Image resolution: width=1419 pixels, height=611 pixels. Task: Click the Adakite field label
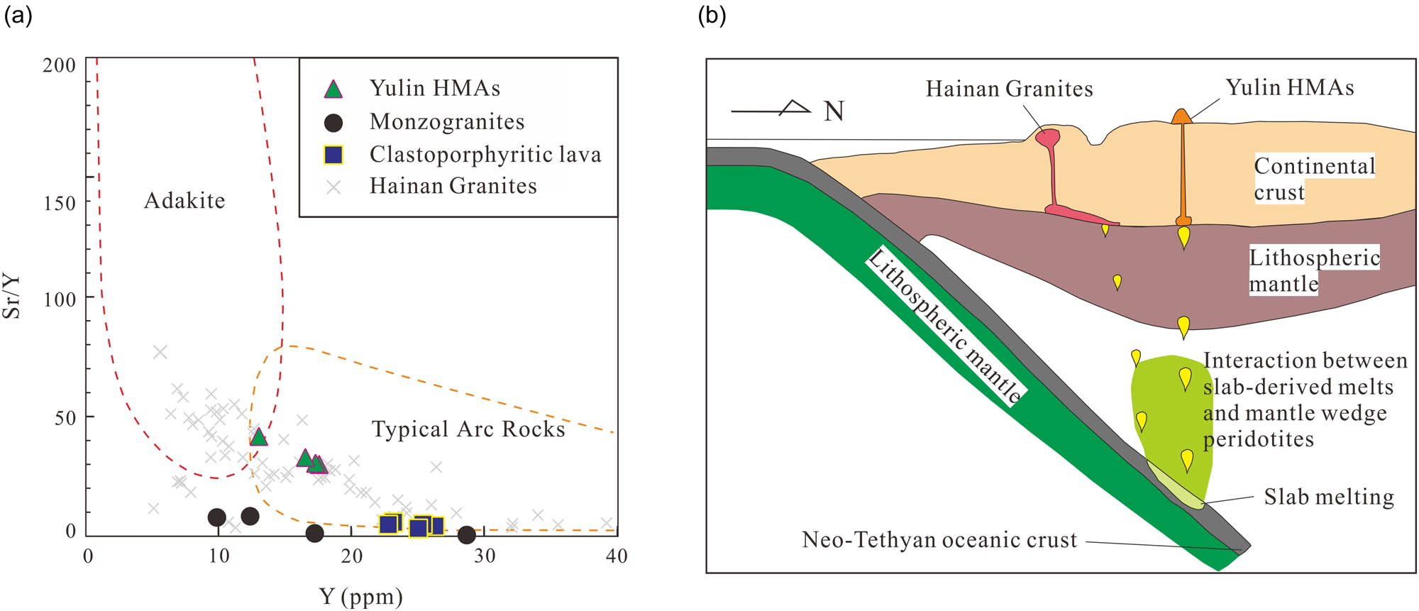click(184, 201)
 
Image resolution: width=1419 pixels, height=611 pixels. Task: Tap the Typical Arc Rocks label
click(468, 429)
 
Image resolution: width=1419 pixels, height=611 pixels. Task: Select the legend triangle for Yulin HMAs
click(333, 89)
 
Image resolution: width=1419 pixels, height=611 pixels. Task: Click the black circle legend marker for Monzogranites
click(333, 123)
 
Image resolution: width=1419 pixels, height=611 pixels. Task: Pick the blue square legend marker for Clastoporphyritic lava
click(333, 155)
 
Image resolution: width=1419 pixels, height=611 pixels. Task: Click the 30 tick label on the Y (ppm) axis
click(485, 556)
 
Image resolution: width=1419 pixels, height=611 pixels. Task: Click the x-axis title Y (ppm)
click(360, 597)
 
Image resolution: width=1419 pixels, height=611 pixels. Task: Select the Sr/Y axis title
click(12, 296)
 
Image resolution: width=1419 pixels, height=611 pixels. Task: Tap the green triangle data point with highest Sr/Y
click(259, 437)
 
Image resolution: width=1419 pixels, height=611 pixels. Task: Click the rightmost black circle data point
click(466, 534)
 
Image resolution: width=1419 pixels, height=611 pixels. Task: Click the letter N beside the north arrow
click(834, 111)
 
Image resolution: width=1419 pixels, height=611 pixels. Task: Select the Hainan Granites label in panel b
click(1009, 89)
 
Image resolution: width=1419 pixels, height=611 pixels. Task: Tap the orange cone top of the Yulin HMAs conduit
click(1181, 116)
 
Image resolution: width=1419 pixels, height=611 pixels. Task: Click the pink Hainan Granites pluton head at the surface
click(1048, 136)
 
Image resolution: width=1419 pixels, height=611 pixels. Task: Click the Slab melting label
click(1328, 497)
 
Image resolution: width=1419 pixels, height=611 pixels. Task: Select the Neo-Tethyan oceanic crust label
click(939, 540)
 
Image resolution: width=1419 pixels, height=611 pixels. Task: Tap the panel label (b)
click(712, 14)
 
